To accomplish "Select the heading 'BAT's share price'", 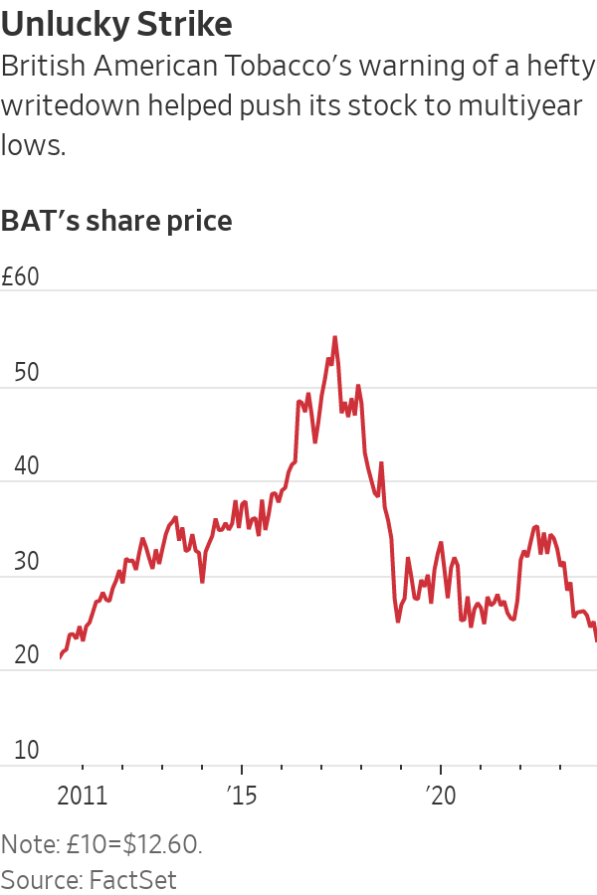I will point(116,220).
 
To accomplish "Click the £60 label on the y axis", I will point(20,277).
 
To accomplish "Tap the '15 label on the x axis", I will point(241,796).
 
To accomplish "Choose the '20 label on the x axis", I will point(440,796).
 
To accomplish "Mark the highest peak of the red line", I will point(334,337).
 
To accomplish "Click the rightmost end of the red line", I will point(596,640).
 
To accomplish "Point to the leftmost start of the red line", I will point(60,658).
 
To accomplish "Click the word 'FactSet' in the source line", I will point(133,879).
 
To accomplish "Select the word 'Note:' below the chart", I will point(31,845).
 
